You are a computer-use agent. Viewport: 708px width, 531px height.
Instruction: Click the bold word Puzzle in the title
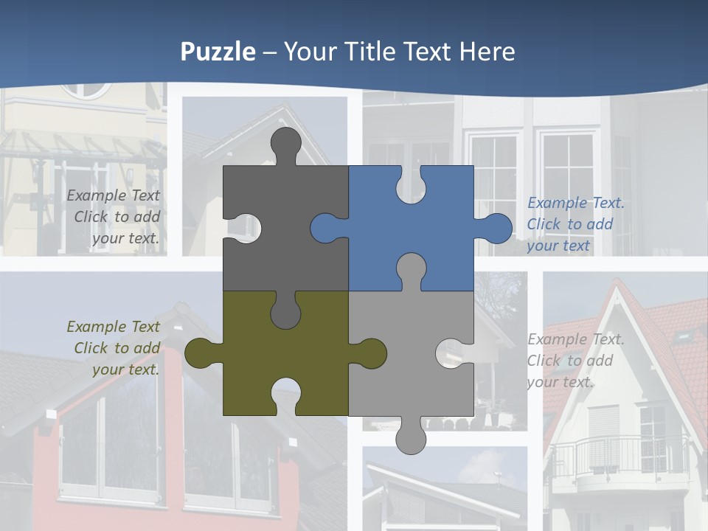tap(218, 52)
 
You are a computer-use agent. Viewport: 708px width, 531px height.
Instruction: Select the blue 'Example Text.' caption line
tap(575, 203)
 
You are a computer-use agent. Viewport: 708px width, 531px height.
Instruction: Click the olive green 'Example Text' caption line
tap(113, 326)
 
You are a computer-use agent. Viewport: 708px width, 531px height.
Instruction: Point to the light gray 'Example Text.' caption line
tap(575, 339)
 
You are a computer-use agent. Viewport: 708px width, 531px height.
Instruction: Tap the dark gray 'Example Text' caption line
tap(113, 195)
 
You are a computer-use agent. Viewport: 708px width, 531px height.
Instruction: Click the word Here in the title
tap(487, 52)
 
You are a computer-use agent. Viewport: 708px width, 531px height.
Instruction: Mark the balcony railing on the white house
tap(619, 454)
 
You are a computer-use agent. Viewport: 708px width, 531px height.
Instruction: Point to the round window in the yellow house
tap(85, 89)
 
